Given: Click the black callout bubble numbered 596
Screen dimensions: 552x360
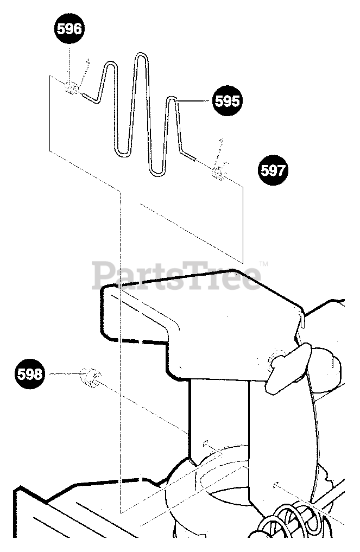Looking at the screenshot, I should [x=69, y=29].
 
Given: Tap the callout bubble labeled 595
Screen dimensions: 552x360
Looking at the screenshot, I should [x=227, y=101].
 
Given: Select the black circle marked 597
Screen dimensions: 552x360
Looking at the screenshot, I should [x=272, y=170].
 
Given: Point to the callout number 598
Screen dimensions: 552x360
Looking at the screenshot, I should [x=30, y=375].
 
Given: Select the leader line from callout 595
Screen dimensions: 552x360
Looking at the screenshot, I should [x=195, y=100].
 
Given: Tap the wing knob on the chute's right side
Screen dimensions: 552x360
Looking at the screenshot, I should [x=287, y=363].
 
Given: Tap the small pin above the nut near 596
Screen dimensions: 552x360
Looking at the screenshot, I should [x=85, y=68].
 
